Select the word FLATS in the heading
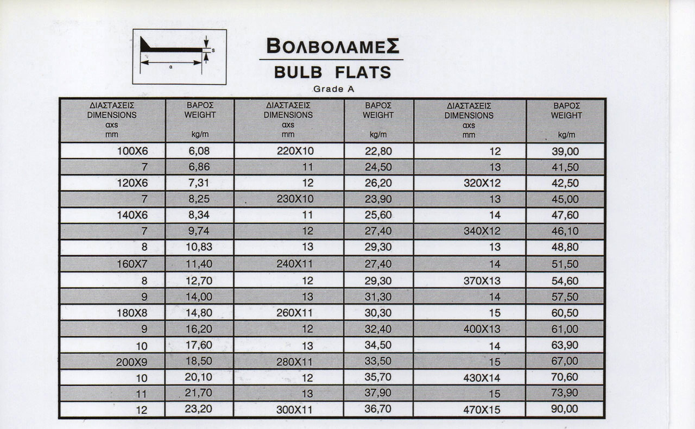click(x=363, y=72)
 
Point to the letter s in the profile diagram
click(x=213, y=50)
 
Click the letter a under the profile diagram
click(x=171, y=67)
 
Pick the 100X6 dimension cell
click(x=132, y=151)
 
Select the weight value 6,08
click(x=199, y=151)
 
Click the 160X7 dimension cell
click(x=132, y=264)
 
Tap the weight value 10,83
click(x=199, y=248)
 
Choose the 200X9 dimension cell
click(x=131, y=362)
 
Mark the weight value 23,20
click(x=199, y=409)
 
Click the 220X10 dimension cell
click(x=295, y=151)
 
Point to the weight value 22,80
click(x=378, y=152)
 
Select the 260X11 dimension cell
click(x=295, y=313)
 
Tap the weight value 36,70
click(x=378, y=409)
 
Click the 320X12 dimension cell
click(x=482, y=184)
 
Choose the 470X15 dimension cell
click(x=482, y=409)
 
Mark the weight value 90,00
click(x=565, y=409)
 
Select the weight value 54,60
click(x=565, y=281)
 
